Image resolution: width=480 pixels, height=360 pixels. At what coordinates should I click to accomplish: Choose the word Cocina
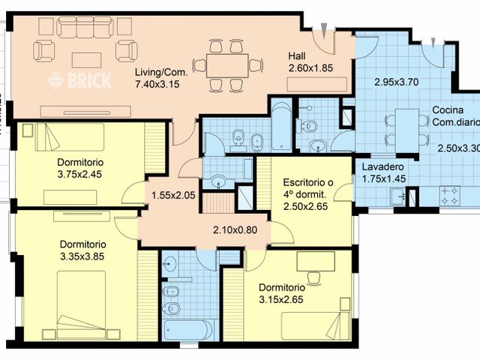coord(448,110)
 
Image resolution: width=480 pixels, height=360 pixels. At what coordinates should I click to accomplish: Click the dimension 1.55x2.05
coord(173,195)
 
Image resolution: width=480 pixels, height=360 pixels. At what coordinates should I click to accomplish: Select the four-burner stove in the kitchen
coord(451,196)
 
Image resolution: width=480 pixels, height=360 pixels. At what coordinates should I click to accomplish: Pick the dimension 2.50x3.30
coord(458,148)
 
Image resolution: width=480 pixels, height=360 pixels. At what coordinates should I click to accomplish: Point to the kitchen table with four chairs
coord(406,124)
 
